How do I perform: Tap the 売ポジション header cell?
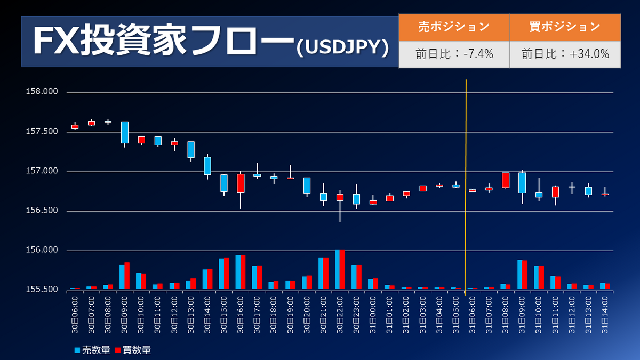point(454,27)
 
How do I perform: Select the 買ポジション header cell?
point(565,27)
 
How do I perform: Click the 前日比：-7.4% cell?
point(454,54)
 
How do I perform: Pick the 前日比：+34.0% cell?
point(565,54)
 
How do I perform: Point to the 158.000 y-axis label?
point(42,92)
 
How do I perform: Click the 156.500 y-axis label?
point(42,211)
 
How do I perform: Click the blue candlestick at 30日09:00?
point(124,132)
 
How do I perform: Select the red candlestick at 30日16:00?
point(241,183)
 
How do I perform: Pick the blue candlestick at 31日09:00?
point(522,182)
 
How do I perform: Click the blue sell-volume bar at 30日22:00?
point(337,269)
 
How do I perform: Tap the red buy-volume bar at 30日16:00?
point(243,273)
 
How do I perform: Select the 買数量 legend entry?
point(133,350)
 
